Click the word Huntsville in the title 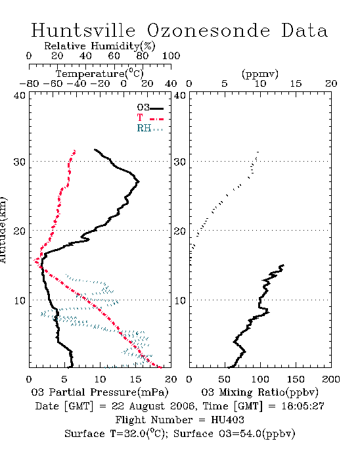coord(83,30)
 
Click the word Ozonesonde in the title coord(208,31)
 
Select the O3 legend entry coord(150,108)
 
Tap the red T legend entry coord(150,118)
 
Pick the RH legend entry coord(150,128)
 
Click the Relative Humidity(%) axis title coord(100,46)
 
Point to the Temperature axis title coord(100,74)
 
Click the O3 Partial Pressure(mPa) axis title coord(100,392)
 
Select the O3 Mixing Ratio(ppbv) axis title coord(259,392)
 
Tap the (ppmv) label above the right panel coord(259,74)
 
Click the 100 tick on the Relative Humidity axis coord(171,56)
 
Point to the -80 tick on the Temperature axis coord(30,83)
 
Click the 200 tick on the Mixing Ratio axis coord(331,379)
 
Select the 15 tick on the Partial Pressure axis coord(135,379)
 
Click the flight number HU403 coord(227,420)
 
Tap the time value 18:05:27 coord(303,406)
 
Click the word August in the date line coord(147,407)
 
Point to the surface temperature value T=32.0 coord(128,434)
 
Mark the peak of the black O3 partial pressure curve coord(139,181)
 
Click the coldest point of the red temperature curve coord(35,260)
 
